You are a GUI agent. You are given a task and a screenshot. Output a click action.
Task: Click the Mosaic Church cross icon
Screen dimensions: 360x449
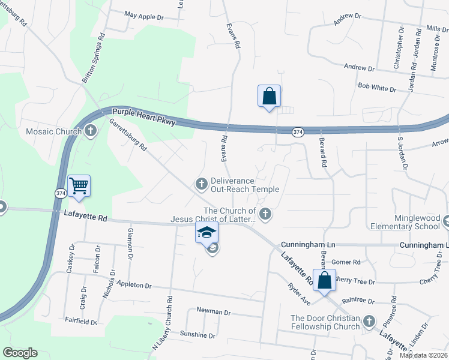point(91,131)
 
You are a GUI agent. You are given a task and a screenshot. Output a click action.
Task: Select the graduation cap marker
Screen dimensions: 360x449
point(206,233)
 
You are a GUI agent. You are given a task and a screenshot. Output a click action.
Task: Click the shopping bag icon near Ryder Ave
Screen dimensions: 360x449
point(324,281)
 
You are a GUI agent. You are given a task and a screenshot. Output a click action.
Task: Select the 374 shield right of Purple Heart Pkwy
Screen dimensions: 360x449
point(297,131)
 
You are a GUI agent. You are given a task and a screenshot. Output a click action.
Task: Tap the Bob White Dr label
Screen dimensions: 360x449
point(377,88)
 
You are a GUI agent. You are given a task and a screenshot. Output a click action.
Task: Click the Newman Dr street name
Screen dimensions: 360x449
point(214,312)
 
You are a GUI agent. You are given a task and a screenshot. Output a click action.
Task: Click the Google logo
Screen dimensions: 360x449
point(20,353)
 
